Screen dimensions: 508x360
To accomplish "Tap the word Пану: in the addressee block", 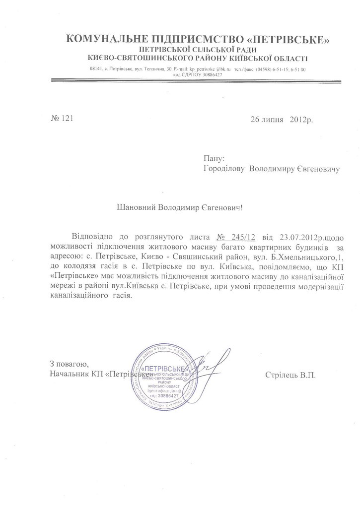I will coord(214,158).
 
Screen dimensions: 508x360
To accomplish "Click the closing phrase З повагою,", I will coord(69,364).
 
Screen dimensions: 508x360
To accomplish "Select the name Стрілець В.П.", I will coord(290,375).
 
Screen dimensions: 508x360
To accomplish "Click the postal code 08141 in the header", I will coord(97,69).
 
